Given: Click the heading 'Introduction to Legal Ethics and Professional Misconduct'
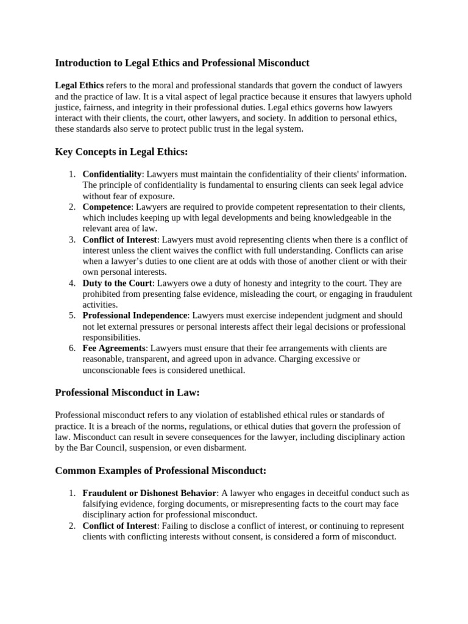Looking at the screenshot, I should pos(182,63).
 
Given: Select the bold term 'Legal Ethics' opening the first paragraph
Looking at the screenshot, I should pos(79,85).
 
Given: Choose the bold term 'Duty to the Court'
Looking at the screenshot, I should pos(118,283).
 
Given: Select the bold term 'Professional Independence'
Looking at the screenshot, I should pos(135,316).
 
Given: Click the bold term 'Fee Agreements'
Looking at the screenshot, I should pos(115,349).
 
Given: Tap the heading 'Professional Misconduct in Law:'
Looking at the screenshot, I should pos(127,392).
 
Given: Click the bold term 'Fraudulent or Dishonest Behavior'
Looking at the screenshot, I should pos(149,493).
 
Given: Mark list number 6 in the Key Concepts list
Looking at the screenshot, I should pos(71,349).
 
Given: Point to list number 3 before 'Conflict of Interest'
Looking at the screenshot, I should pos(71,239).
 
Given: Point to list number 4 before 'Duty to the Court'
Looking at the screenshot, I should pos(71,283).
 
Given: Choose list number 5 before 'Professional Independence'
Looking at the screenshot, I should pos(71,316).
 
